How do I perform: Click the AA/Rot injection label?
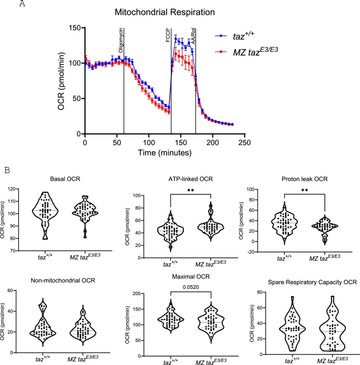(x=193, y=36)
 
